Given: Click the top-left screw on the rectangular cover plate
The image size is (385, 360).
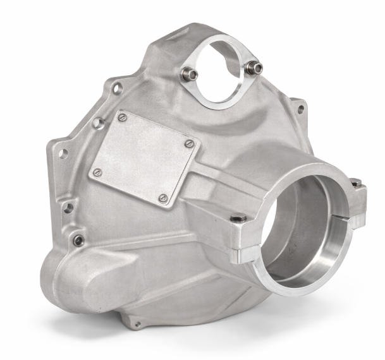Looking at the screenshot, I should click(123, 117).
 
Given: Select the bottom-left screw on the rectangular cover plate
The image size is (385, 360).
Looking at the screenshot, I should click(97, 172).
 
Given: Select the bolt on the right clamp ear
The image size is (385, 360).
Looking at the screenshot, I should click(356, 183).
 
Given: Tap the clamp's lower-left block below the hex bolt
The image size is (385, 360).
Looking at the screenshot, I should click(243, 253).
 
